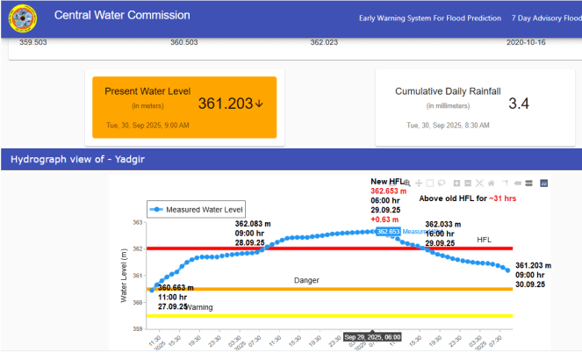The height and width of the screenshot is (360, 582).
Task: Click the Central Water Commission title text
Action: pyautogui.click(x=122, y=15)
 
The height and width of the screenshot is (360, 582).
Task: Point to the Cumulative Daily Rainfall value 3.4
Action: pyautogui.click(x=519, y=104)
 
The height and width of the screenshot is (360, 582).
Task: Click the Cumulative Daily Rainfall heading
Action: pyautogui.click(x=448, y=91)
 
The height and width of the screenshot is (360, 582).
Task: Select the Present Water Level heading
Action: pyautogui.click(x=147, y=91)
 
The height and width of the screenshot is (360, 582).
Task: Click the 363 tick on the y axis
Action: pyautogui.click(x=137, y=222)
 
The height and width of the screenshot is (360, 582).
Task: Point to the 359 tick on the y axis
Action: pyautogui.click(x=137, y=329)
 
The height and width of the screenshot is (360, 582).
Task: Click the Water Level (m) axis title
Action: pyautogui.click(x=124, y=276)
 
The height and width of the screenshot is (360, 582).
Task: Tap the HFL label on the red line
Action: pyautogui.click(x=485, y=240)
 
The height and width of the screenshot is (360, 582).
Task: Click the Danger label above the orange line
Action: pyautogui.click(x=306, y=280)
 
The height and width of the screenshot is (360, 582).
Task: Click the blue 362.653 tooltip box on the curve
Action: pyautogui.click(x=388, y=232)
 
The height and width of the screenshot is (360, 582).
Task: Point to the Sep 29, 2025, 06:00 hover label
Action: pyautogui.click(x=372, y=337)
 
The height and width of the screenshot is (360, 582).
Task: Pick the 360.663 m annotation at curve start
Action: pyautogui.click(x=183, y=289)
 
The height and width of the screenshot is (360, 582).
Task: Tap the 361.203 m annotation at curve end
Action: pyautogui.click(x=533, y=265)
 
